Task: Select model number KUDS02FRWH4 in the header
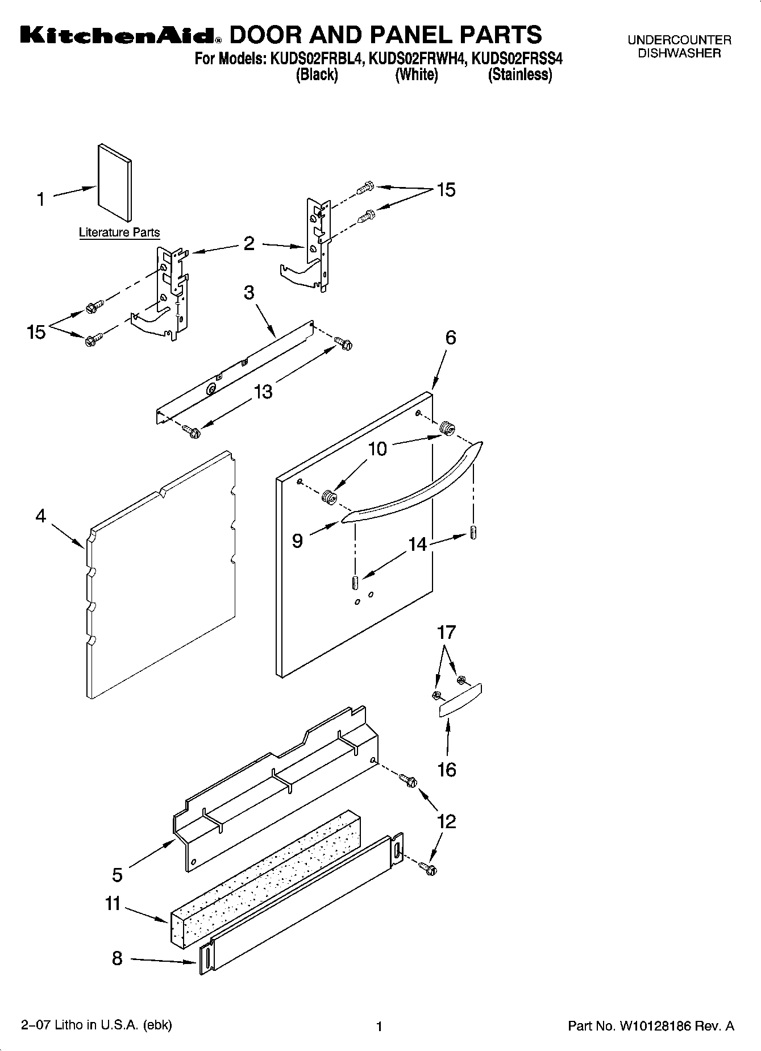coord(417,59)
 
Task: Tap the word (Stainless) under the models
coord(520,74)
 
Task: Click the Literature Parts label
coord(119,232)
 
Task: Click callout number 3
coord(249,293)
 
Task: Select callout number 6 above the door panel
coord(450,338)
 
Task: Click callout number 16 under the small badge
coord(447,770)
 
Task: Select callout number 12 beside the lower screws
coord(447,821)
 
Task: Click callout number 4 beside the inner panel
coord(40,516)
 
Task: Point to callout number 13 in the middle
coord(263,391)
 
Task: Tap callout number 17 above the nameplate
coord(447,632)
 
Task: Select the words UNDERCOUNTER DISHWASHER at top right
coord(679,47)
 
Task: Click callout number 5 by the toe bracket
coord(117,875)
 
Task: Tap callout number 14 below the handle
coord(417,544)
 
